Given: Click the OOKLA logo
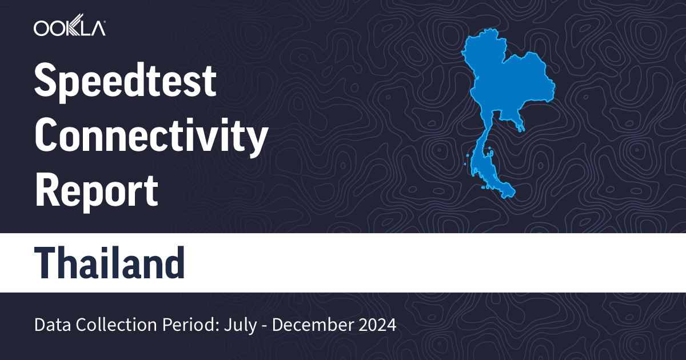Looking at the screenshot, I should pyautogui.click(x=69, y=28).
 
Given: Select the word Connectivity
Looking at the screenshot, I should pyautogui.click(x=151, y=137).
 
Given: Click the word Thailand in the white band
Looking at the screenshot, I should pyautogui.click(x=110, y=263).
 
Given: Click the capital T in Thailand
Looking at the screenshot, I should pyautogui.click(x=48, y=263).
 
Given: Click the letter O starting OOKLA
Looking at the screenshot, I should pyautogui.click(x=42, y=28).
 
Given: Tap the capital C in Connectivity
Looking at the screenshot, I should pyautogui.click(x=47, y=137).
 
